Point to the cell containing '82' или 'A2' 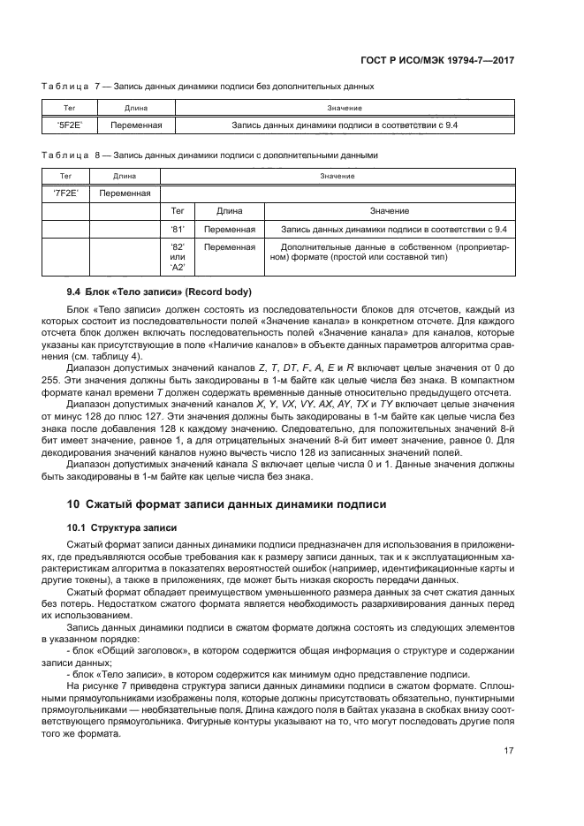coord(177,257)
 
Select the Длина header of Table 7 coord(135,108)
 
